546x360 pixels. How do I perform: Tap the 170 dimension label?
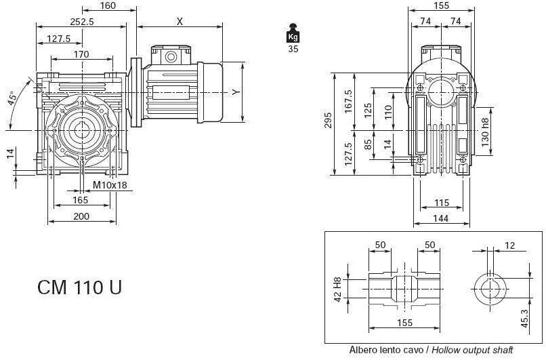coord(81,54)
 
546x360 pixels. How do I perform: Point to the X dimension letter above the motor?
coord(180,21)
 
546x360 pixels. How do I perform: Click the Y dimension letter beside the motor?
coord(234,92)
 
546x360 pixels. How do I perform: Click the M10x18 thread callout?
coord(110,185)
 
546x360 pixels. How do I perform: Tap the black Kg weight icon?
coord(293,35)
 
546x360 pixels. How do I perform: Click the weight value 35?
coord(293,48)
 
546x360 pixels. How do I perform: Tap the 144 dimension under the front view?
coord(441,218)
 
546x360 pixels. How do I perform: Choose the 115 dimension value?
coord(441,202)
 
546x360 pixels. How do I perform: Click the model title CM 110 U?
coord(80,287)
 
